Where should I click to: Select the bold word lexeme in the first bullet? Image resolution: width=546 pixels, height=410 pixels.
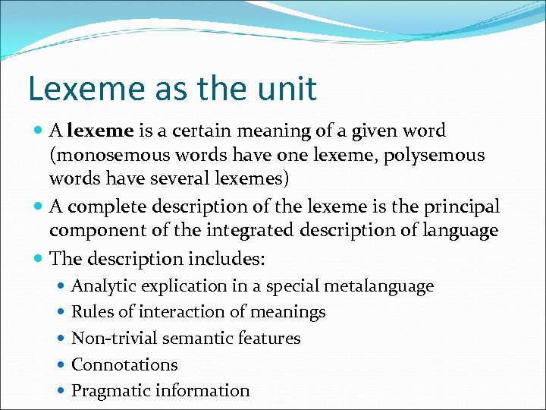(100, 131)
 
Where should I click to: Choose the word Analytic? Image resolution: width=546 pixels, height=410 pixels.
(103, 286)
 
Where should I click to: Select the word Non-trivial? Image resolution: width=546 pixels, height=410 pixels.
(114, 339)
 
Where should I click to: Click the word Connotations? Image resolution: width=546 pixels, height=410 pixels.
(124, 364)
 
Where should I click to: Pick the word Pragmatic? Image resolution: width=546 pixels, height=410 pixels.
(110, 391)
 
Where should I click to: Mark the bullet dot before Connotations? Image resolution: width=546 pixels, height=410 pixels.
(61, 365)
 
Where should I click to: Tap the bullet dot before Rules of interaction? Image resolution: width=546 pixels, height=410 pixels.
(61, 313)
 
